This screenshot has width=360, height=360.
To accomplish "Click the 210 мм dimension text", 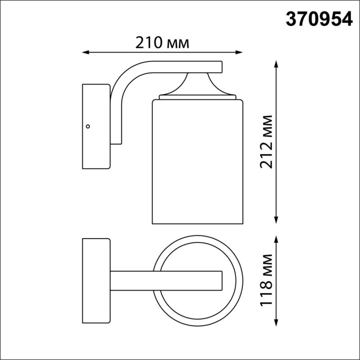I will pos(162,42).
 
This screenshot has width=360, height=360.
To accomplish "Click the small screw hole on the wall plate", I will pos(88,126).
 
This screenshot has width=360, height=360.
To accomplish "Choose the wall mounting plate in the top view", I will pos(96,281).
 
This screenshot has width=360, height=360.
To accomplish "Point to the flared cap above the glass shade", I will pos(198,84).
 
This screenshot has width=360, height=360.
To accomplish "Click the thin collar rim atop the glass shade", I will pos(197,97).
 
